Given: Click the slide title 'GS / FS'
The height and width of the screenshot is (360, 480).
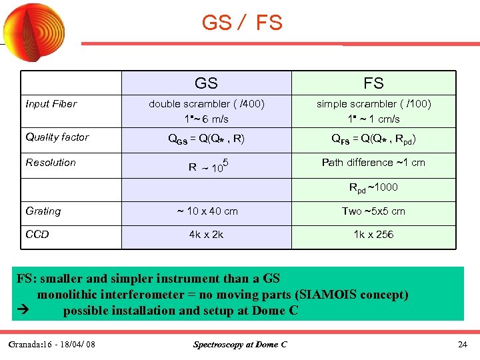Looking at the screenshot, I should click(x=242, y=23).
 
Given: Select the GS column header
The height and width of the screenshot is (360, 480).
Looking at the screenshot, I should click(x=206, y=83).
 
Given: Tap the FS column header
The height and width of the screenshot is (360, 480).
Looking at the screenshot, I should click(x=373, y=83).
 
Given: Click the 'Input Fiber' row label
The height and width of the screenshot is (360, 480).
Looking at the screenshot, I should click(x=51, y=104).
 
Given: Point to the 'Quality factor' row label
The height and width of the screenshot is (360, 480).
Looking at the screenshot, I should click(x=57, y=137).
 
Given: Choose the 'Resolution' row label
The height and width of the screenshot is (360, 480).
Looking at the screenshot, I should click(x=51, y=163).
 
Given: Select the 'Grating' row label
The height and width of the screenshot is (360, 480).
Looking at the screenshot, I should click(x=43, y=211).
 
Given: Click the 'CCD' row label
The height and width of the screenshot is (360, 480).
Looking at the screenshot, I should click(x=37, y=235).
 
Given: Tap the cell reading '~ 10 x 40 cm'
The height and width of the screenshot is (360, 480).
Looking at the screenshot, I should click(x=206, y=211).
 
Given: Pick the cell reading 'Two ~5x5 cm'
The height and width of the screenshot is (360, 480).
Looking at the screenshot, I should click(x=373, y=211).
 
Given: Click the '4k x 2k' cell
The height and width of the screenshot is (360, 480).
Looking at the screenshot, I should click(x=206, y=235).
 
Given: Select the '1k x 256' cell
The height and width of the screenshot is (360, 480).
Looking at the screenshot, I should click(x=373, y=235).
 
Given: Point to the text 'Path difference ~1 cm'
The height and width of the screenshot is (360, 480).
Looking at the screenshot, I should click(x=373, y=163).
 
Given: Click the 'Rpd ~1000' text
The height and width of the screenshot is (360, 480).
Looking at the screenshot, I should click(x=373, y=188).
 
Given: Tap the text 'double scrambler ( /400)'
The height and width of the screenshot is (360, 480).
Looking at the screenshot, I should click(x=206, y=104).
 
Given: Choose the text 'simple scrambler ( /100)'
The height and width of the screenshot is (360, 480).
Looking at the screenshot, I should click(x=373, y=104).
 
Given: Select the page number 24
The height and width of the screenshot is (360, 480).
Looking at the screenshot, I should click(x=463, y=345).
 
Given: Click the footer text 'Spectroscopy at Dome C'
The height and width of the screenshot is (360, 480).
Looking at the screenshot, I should click(x=240, y=345).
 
